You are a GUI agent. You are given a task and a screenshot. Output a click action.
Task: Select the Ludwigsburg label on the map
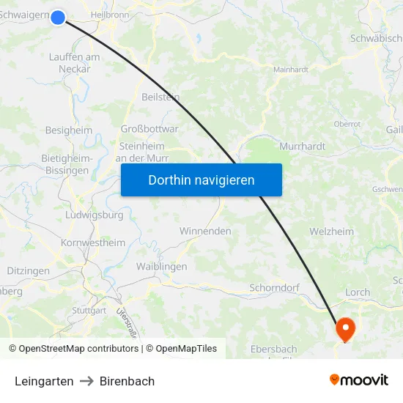[95, 216]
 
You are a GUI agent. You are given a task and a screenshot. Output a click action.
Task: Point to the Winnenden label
[205, 232]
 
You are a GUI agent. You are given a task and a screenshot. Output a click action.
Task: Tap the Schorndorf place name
[274, 288]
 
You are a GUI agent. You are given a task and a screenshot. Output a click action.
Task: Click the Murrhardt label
[302, 147]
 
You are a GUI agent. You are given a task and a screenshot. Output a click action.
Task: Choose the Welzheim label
[331, 232]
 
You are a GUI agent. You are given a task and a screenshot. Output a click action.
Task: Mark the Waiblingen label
[161, 267]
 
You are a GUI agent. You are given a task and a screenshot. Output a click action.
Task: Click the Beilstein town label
[160, 97]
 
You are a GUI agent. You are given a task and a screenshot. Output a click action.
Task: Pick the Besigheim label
[69, 130]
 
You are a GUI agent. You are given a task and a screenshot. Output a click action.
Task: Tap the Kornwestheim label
[93, 243]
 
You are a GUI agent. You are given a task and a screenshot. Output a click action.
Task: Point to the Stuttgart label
[89, 311]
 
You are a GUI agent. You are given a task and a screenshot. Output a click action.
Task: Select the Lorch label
[358, 292]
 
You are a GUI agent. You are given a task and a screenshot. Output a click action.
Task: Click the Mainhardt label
[291, 70]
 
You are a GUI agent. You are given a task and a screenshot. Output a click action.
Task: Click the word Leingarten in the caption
[44, 381]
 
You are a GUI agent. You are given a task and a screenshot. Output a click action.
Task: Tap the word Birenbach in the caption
[127, 381]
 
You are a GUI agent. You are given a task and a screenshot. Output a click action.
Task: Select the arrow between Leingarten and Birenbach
[86, 381]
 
